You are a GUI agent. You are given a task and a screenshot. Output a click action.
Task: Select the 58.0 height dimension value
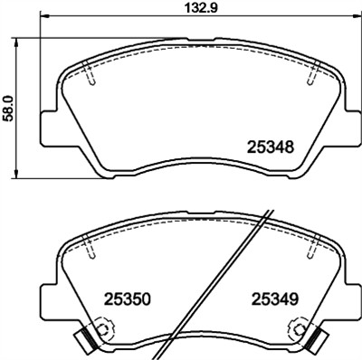9,106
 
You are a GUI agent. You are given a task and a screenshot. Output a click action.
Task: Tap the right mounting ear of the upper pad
348,127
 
